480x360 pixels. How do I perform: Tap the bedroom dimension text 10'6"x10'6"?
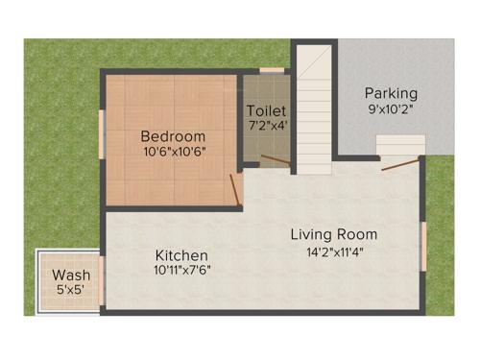174,151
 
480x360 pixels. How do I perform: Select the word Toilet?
266,110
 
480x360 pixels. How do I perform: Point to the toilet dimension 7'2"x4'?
266,126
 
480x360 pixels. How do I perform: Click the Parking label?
391,93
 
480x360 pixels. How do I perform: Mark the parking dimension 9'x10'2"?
392,109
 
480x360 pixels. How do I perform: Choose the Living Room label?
334,234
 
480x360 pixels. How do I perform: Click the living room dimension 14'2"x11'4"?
334,252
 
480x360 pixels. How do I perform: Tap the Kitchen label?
181,255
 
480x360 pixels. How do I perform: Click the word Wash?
72,276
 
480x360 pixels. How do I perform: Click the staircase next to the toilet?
313,106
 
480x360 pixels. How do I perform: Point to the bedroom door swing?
236,189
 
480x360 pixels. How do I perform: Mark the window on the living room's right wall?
423,245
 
